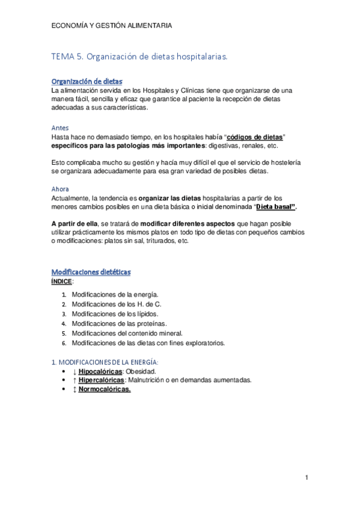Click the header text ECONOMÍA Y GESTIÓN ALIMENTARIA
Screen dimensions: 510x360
[112, 26]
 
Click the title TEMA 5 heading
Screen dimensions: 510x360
[139, 57]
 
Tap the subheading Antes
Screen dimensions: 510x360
[59, 128]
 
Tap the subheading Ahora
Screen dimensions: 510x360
[60, 188]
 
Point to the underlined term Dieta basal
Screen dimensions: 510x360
[276, 207]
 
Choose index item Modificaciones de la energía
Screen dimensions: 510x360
[115, 295]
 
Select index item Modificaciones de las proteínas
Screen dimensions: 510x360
[119, 324]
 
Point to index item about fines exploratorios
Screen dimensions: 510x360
[148, 343]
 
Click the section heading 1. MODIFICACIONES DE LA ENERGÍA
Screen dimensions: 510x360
[105, 362]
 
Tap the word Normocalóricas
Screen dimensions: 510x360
[105, 389]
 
